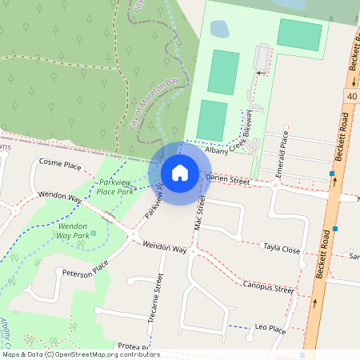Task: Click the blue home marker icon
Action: pyautogui.click(x=180, y=172)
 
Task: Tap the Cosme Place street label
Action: pyautogui.click(x=61, y=166)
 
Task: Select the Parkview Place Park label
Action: pyautogui.click(x=114, y=187)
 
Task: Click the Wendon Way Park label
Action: pyautogui.click(x=73, y=231)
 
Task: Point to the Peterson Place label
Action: pyautogui.click(x=85, y=273)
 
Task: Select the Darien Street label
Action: pyautogui.click(x=229, y=182)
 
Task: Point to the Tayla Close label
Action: pyautogui.click(x=281, y=250)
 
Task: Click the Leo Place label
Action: pyautogui.click(x=270, y=328)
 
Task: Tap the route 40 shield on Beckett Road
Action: pyautogui.click(x=353, y=96)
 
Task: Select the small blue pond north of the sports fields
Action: pyautogui.click(x=218, y=29)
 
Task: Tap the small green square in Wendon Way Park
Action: pyautogui.click(x=94, y=233)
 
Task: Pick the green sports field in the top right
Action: pyautogui.click(x=300, y=34)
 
